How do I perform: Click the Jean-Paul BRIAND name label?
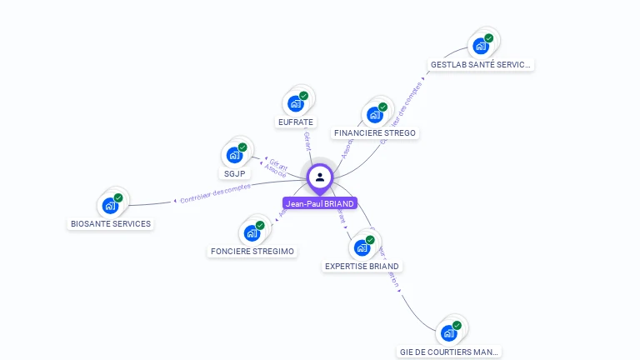click(x=320, y=203)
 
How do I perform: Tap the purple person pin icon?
click(x=320, y=177)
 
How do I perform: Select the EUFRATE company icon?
click(x=295, y=103)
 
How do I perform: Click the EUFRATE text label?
click(x=296, y=122)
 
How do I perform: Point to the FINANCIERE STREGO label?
click(x=374, y=133)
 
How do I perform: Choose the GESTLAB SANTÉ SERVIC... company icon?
click(x=481, y=45)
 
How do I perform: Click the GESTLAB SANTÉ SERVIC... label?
click(x=480, y=64)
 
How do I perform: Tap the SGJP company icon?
click(x=234, y=155)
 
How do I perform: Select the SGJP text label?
click(x=233, y=174)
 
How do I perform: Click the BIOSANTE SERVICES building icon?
click(x=110, y=205)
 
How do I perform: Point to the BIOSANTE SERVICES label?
click(x=111, y=224)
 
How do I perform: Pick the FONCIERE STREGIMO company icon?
click(x=252, y=232)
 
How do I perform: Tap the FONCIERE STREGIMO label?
click(x=252, y=252)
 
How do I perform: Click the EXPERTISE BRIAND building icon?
click(x=362, y=247)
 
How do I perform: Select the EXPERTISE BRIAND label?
click(x=362, y=267)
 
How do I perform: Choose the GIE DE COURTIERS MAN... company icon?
click(x=450, y=333)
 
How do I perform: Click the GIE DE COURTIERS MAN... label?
click(x=449, y=352)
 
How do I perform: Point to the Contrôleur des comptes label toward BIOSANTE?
click(x=215, y=193)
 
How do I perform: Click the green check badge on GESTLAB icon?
click(x=489, y=37)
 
